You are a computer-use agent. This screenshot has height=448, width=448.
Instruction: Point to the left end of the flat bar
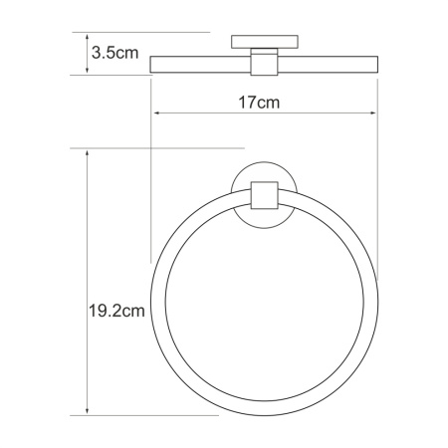click(x=152, y=66)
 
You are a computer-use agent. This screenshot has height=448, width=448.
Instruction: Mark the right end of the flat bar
click(x=378, y=66)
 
